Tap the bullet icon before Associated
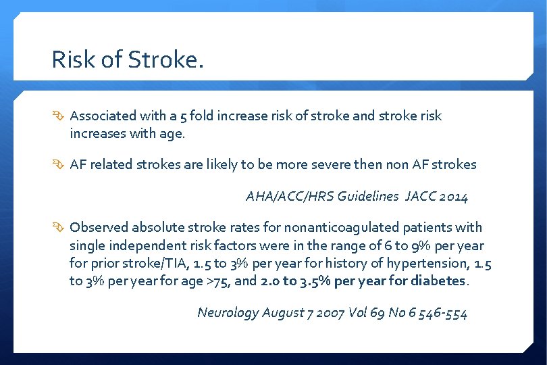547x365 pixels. tap(59, 116)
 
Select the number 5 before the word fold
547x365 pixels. tap(180, 116)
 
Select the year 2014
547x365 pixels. tap(454, 197)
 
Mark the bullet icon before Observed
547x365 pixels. tap(59, 228)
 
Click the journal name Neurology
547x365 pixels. tap(228, 312)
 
